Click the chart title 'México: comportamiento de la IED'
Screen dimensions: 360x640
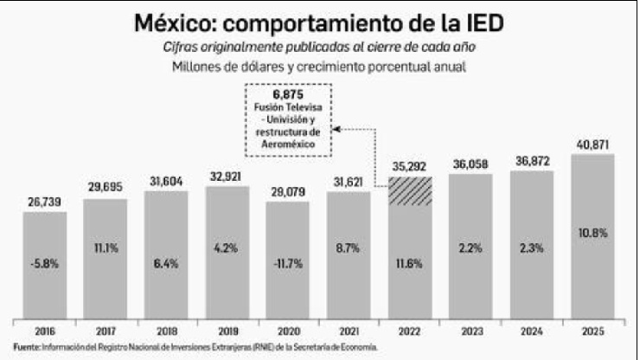pyautogui.click(x=318, y=22)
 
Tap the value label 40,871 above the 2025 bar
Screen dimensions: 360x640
pyautogui.click(x=592, y=144)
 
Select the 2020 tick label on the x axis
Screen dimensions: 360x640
pyautogui.click(x=287, y=331)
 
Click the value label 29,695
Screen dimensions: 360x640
pyautogui.click(x=106, y=188)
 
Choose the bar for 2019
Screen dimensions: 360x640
pyautogui.click(x=227, y=251)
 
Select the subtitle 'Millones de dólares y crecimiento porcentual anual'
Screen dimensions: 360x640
pyautogui.click(x=319, y=66)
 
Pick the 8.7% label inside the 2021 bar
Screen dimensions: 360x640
pyautogui.click(x=349, y=247)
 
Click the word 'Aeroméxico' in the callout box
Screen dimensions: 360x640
pyautogui.click(x=289, y=142)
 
